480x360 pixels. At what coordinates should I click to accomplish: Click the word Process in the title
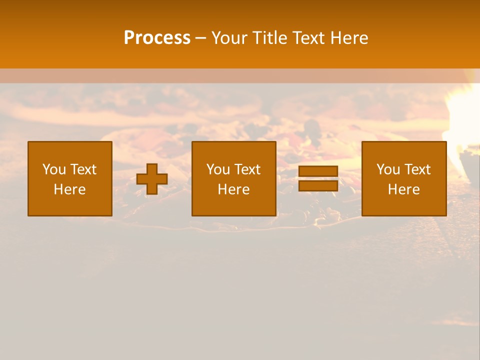(x=157, y=38)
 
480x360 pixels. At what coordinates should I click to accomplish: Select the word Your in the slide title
(x=229, y=38)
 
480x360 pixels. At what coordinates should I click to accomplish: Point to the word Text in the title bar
(x=309, y=38)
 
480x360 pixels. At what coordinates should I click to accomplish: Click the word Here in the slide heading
(x=349, y=38)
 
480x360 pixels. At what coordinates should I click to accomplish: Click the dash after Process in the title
(x=200, y=38)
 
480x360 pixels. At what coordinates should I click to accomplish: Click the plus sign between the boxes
(x=152, y=179)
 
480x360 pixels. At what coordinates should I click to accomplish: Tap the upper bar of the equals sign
(x=318, y=171)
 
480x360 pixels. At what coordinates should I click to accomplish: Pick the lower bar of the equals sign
(x=318, y=186)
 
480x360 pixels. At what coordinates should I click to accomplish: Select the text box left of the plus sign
(x=70, y=178)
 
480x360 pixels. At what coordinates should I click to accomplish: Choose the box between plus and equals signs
(x=233, y=178)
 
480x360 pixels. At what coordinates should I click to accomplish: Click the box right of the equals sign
(x=403, y=178)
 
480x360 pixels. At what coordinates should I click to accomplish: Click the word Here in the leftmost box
(x=70, y=189)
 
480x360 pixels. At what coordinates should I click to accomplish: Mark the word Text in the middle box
(x=247, y=169)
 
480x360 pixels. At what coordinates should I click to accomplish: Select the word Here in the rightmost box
(x=403, y=189)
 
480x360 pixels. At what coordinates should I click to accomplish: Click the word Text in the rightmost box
(x=417, y=169)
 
